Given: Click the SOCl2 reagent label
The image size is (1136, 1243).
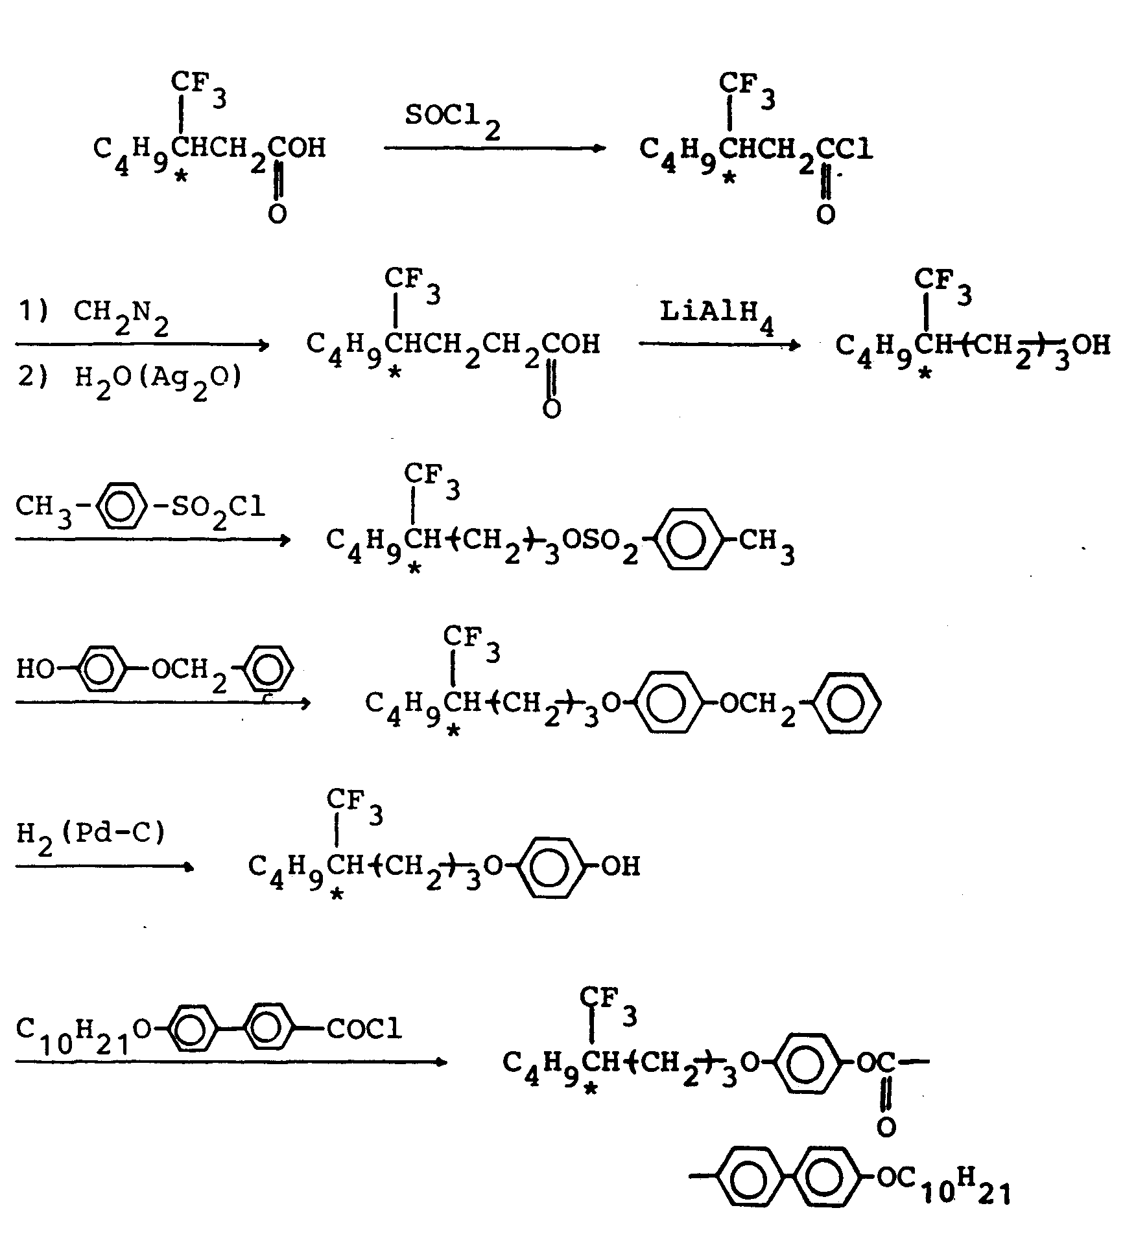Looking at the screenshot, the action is click(453, 121).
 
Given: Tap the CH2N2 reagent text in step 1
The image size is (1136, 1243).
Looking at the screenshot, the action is click(121, 316).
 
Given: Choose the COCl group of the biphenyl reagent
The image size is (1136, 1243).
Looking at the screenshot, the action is click(364, 1028).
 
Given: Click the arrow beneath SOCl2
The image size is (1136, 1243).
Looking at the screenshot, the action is click(494, 148).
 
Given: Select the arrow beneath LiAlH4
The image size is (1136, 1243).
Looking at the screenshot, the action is click(720, 344).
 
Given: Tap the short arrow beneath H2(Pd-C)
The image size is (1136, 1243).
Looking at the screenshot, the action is click(104, 866).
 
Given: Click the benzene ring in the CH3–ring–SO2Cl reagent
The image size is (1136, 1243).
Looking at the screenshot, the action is click(117, 505).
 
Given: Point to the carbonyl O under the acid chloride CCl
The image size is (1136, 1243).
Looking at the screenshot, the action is click(825, 214).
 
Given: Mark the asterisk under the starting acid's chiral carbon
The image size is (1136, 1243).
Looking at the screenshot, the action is click(182, 176).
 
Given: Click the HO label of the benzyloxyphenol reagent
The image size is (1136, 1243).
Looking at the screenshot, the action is click(35, 668).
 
